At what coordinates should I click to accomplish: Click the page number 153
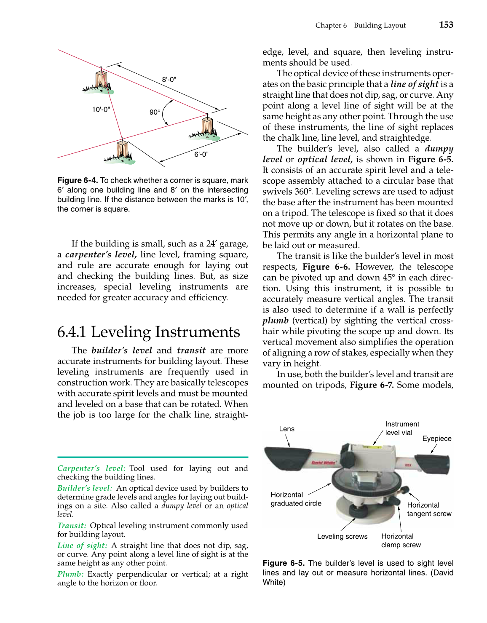tap(446, 25)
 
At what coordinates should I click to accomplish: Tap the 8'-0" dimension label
tap(169, 80)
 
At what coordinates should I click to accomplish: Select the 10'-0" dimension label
tap(101, 110)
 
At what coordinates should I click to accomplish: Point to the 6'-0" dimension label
tap(201, 155)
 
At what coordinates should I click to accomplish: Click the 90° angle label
tap(155, 112)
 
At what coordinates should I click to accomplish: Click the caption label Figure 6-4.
tap(78, 180)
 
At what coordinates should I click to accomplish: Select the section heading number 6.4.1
tap(72, 332)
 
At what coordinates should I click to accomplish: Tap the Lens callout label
tap(286, 429)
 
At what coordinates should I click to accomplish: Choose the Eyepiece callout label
tap(436, 439)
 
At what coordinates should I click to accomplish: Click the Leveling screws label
tap(342, 536)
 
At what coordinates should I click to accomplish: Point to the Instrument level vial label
tap(402, 428)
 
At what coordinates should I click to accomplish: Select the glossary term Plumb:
tap(70, 574)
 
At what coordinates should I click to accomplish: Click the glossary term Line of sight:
tap(82, 545)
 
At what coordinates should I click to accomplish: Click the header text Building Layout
tap(380, 25)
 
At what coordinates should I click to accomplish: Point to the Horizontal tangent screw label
tap(429, 509)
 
